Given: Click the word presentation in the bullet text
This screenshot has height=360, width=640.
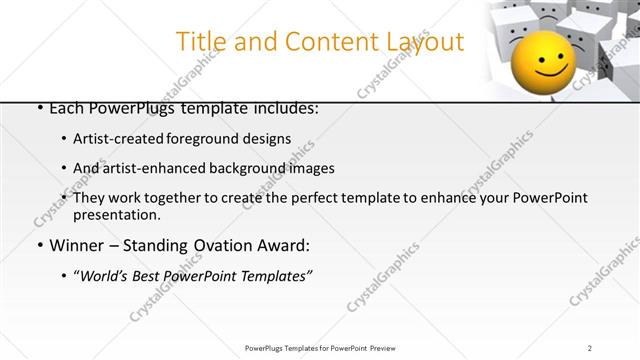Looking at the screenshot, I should pos(116,215).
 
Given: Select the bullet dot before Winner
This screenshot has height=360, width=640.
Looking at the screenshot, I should pos(39,246).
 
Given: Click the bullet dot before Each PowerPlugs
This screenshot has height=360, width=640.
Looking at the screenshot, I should pos(39,107).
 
